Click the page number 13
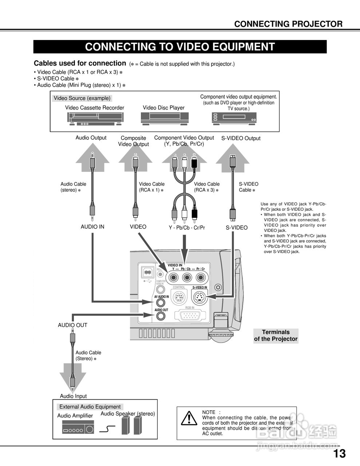pyautogui.click(x=339, y=454)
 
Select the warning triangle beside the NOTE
pyautogui.click(x=189, y=419)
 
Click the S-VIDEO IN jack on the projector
pyautogui.click(x=199, y=299)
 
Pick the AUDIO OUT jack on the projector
pyautogui.click(x=161, y=316)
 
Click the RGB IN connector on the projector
pyautogui.click(x=190, y=316)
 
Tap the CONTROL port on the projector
pyautogui.click(x=178, y=299)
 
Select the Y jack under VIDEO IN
pyautogui.click(x=173, y=278)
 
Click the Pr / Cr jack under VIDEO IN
pyautogui.click(x=201, y=278)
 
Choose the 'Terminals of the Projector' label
pyautogui.click(x=276, y=336)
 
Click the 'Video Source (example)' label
pyautogui.click(x=82, y=98)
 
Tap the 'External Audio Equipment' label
pyautogui.click(x=90, y=407)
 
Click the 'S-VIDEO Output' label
pyautogui.click(x=241, y=138)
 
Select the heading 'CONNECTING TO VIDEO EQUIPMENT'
pyautogui.click(x=180, y=47)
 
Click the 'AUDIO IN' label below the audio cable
pyautogui.click(x=92, y=227)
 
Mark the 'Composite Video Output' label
pyautogui.click(x=133, y=141)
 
